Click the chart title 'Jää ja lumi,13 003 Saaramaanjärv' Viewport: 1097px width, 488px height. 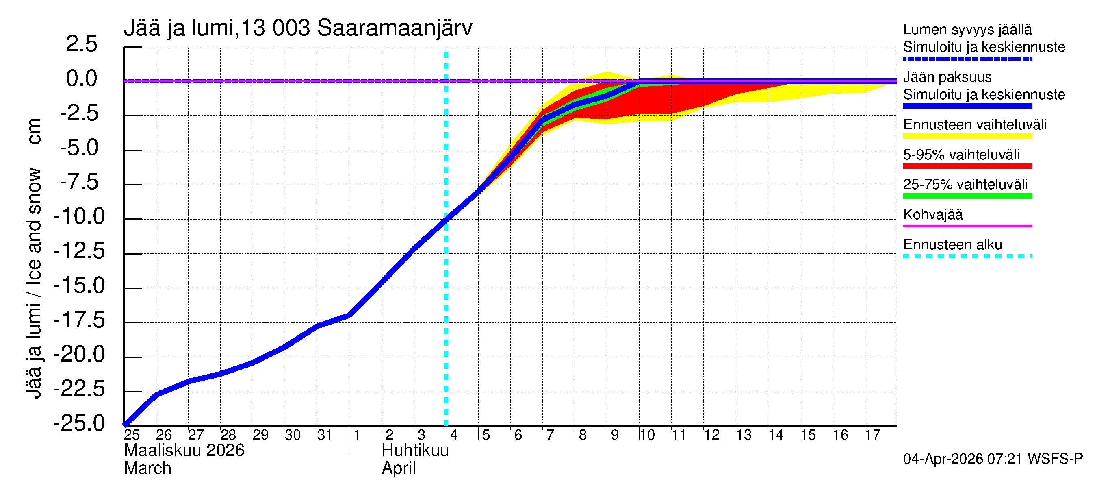pyautogui.click(x=298, y=28)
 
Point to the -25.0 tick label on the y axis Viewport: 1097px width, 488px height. pyautogui.click(x=79, y=423)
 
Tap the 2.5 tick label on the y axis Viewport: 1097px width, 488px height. pyautogui.click(x=81, y=44)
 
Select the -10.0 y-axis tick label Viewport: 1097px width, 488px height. pyautogui.click(x=79, y=216)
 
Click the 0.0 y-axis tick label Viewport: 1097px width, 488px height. pyautogui.click(x=81, y=78)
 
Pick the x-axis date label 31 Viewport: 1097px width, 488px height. pyautogui.click(x=325, y=435)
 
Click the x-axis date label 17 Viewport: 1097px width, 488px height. pyautogui.click(x=872, y=435)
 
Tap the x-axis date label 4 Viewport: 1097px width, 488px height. pyautogui.click(x=453, y=435)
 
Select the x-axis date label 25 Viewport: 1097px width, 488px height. pyautogui.click(x=132, y=435)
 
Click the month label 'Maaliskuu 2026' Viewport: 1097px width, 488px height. pyautogui.click(x=184, y=451)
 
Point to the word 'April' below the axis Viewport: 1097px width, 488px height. pyautogui.click(x=398, y=468)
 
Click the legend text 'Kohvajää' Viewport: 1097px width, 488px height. pyautogui.click(x=932, y=214)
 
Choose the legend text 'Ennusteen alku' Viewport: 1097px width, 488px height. pyautogui.click(x=952, y=245)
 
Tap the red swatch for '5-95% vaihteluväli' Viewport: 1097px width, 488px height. pyautogui.click(x=967, y=166)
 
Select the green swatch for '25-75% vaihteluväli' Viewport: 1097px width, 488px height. pyautogui.click(x=967, y=196)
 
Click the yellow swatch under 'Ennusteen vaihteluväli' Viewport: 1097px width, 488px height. pyautogui.click(x=967, y=136)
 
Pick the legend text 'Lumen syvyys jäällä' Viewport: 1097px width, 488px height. pyautogui.click(x=967, y=29)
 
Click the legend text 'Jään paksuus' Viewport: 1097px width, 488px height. pyautogui.click(x=947, y=77)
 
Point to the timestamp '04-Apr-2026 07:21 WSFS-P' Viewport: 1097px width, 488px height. pyautogui.click(x=993, y=459)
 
